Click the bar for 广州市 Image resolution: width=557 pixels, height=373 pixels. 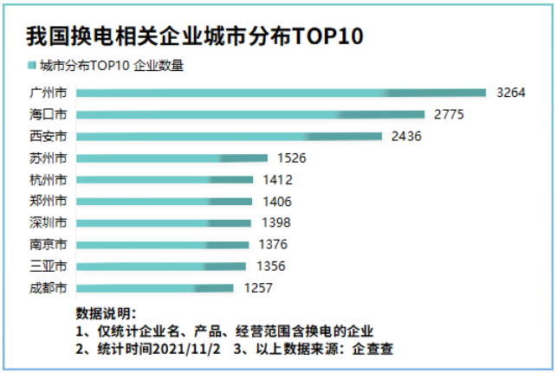(282, 93)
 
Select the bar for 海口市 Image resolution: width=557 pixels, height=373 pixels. (251, 114)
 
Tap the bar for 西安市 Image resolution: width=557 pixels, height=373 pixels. (230, 136)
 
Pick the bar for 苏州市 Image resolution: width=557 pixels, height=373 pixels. (172, 158)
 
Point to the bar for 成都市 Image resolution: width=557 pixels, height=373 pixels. (155, 287)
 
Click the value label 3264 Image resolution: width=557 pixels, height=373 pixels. (511, 93)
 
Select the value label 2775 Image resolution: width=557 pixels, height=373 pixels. (450, 114)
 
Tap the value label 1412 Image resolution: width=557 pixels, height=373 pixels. (277, 179)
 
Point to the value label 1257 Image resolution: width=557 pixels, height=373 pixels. (258, 287)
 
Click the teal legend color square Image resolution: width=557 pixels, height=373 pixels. (32, 66)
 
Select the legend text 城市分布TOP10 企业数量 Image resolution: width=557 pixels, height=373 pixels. (112, 66)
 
